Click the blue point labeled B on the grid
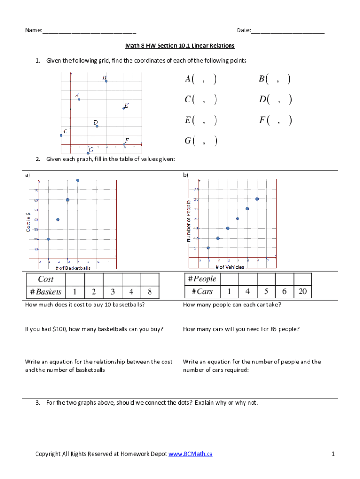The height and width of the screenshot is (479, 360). click(x=106, y=81)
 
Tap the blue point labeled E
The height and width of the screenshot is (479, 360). click(x=124, y=109)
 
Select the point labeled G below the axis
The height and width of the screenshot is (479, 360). click(x=88, y=153)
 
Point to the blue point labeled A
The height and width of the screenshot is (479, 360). click(x=79, y=99)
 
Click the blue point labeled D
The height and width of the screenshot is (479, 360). click(x=97, y=126)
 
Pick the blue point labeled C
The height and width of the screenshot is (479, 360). click(x=61, y=136)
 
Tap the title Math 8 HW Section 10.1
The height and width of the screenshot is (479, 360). click(x=180, y=46)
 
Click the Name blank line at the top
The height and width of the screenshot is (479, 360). click(x=89, y=31)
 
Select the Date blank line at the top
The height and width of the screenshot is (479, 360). click(x=288, y=31)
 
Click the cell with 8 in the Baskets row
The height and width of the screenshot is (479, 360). click(x=149, y=292)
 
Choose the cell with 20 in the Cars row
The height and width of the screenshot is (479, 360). click(x=302, y=292)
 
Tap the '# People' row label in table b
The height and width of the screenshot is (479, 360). click(x=202, y=279)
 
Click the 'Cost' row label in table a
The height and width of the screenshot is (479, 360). click(x=46, y=279)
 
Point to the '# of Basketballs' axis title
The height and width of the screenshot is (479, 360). click(x=73, y=268)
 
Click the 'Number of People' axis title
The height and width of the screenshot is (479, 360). click(x=188, y=221)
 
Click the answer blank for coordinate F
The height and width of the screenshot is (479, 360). click(x=278, y=121)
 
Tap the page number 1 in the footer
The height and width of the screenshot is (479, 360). click(x=333, y=454)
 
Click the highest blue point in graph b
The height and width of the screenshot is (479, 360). click(x=257, y=199)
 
